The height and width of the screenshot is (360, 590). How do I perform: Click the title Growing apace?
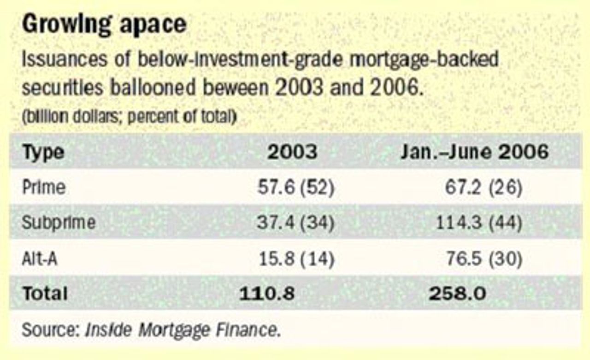click(104, 25)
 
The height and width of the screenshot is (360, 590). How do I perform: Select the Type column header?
click(43, 152)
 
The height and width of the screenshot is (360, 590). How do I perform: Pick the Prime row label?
click(44, 188)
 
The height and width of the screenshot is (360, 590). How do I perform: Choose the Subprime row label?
click(59, 223)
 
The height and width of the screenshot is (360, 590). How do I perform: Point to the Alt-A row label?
click(40, 259)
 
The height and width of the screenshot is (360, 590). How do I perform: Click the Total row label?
click(45, 294)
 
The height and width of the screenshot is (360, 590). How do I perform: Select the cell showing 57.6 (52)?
click(295, 188)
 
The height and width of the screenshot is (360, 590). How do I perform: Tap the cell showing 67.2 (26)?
click(484, 188)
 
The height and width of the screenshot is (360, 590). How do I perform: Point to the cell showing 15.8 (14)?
click(295, 259)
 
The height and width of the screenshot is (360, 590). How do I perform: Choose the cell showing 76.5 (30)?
click(484, 259)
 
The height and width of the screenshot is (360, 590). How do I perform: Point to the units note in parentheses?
click(129, 117)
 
